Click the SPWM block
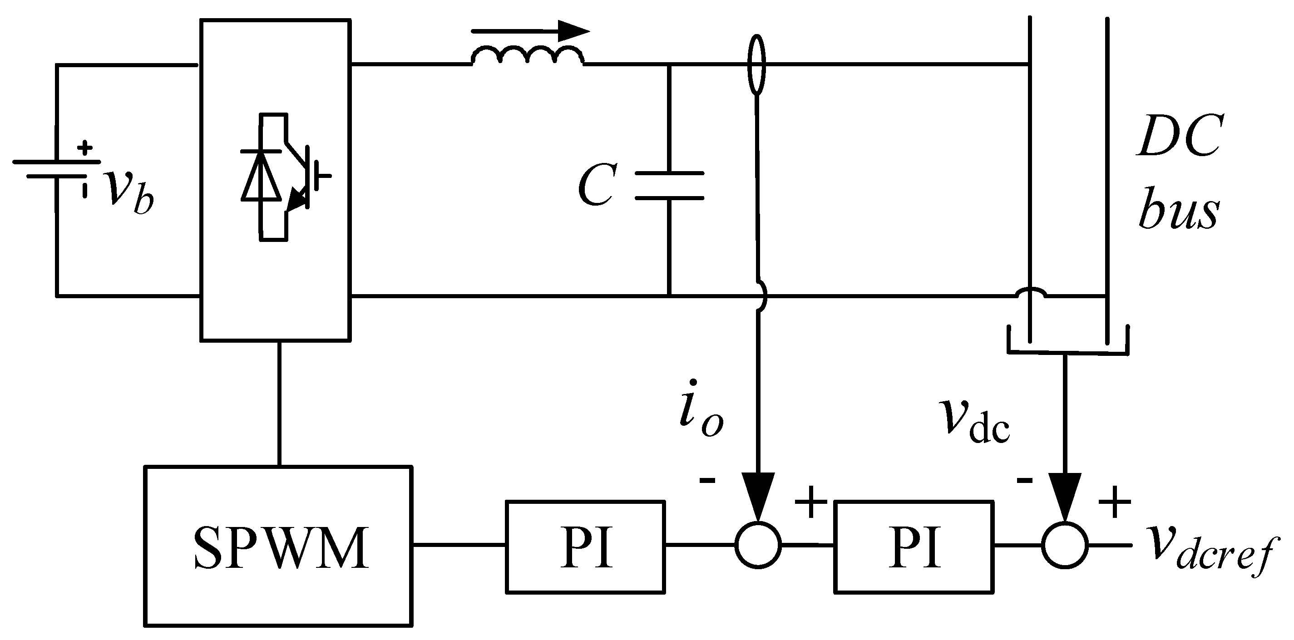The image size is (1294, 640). coord(278,546)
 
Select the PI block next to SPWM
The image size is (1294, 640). coord(585,546)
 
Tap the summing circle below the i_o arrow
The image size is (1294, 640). coord(758,545)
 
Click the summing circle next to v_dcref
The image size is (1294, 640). coord(1065,545)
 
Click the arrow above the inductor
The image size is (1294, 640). coord(530,31)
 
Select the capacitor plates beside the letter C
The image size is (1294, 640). coord(669,185)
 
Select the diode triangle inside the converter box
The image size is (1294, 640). coord(261,176)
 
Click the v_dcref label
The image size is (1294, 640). coord(1208,551)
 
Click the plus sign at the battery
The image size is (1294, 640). coord(85,148)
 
